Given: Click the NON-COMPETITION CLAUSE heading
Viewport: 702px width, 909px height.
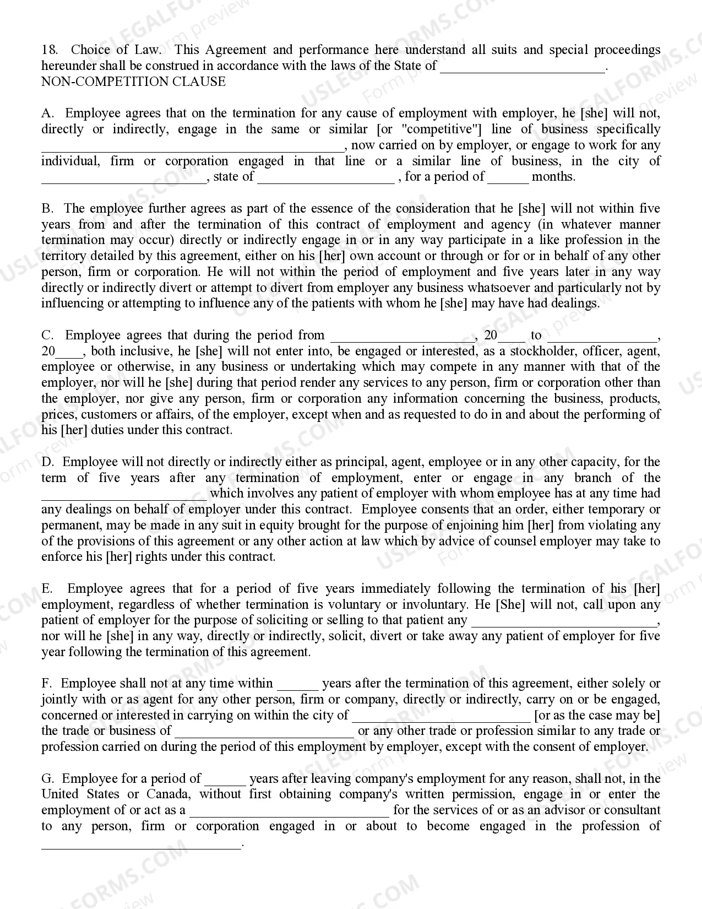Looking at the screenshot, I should pos(133,82).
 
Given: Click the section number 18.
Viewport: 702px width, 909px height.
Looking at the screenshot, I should pos(49,50).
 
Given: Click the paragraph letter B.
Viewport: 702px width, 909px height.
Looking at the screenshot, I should pos(47,208).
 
